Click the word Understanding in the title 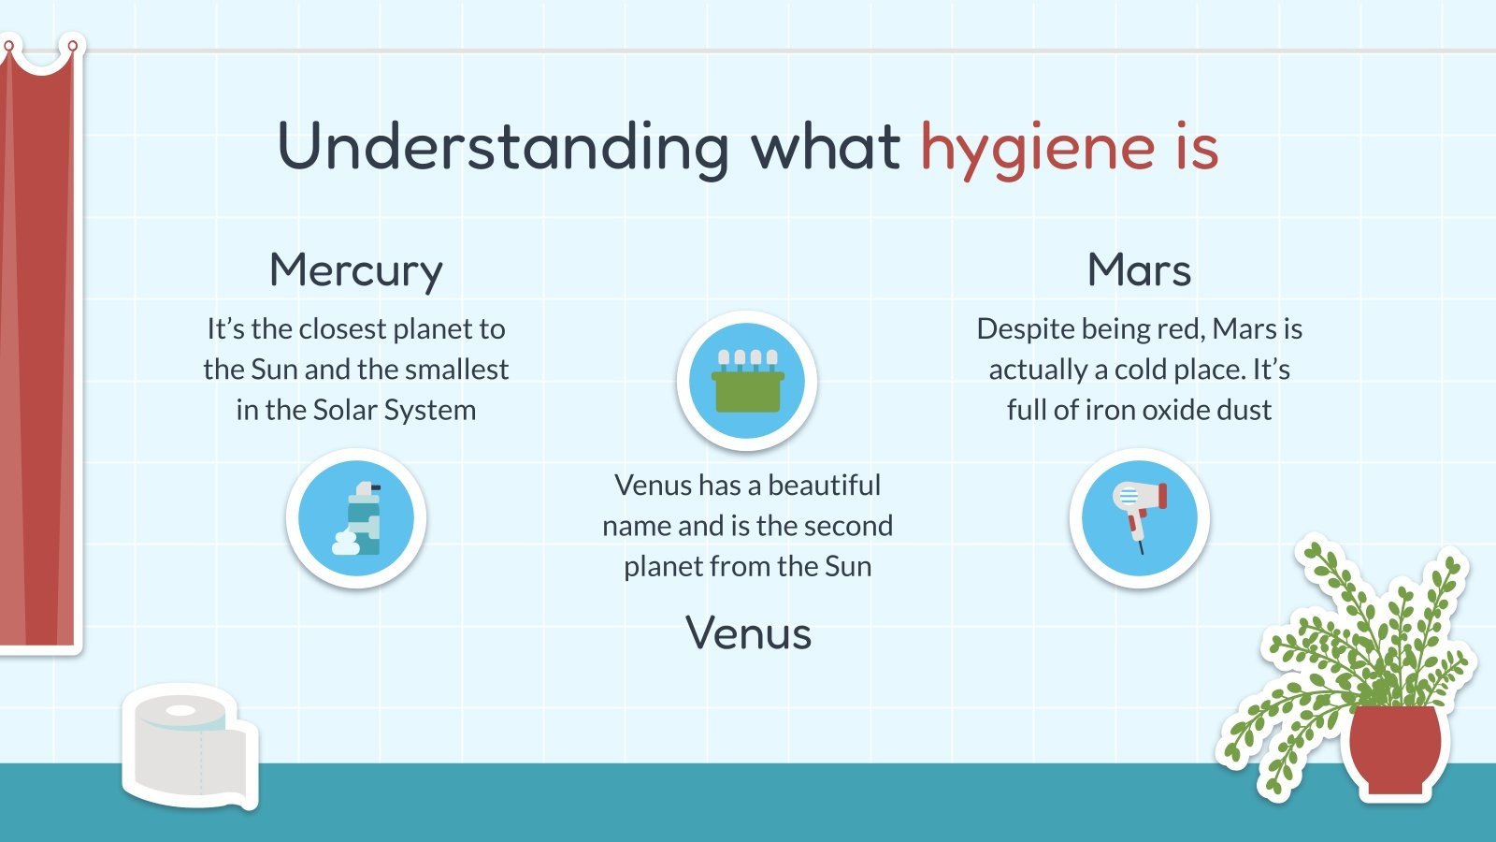pos(502,147)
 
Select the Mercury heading pos(355,271)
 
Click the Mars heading pos(1139,270)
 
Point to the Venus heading pos(748,633)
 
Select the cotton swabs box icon pos(747,381)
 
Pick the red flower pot pos(1396,748)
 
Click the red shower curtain pos(37,356)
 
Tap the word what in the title pos(826,147)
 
